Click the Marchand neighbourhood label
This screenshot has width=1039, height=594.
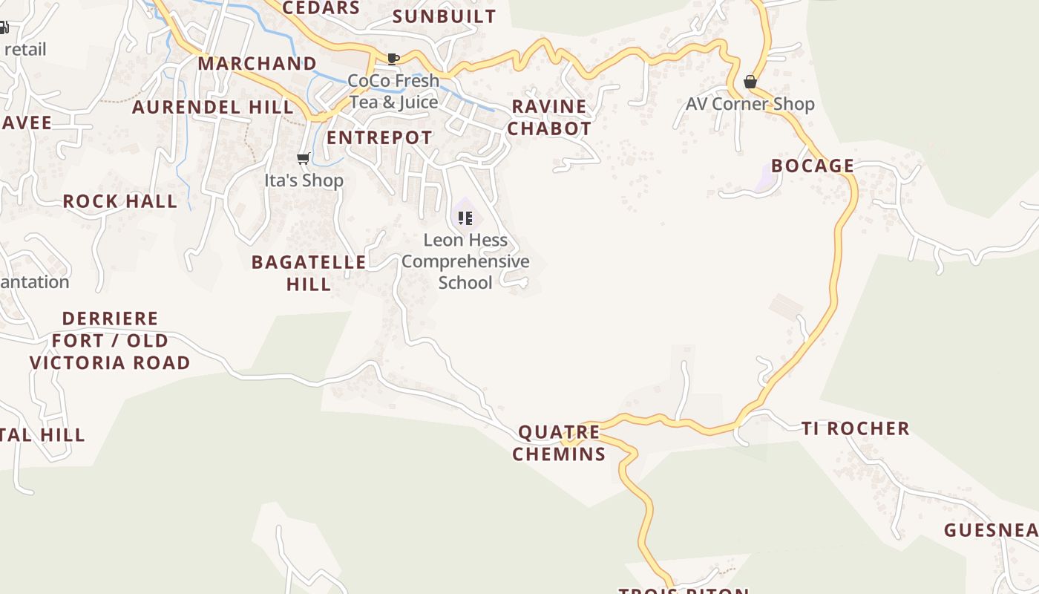coord(257,63)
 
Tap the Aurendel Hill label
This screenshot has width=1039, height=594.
coord(213,107)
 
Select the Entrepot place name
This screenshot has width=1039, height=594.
coord(379,137)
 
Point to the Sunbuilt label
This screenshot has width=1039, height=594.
coord(444,16)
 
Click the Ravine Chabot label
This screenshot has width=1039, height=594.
coord(550,117)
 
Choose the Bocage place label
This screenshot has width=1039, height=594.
coord(813,166)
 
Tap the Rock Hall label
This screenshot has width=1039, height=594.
coord(119,201)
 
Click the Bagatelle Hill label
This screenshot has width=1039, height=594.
coord(309,272)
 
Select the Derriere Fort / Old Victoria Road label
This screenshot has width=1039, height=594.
coord(110,340)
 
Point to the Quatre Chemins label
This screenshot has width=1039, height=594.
coord(559,443)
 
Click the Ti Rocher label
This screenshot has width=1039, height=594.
coord(855,428)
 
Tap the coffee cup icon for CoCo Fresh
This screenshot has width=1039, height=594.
coord(393,59)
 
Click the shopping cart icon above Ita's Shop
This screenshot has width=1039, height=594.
coord(303,158)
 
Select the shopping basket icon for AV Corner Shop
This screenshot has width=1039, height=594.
coord(750,82)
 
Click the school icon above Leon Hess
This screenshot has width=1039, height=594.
coord(465,218)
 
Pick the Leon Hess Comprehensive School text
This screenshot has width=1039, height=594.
coord(465,261)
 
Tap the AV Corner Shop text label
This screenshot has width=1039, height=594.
coord(750,104)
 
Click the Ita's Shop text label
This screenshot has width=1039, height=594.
coord(304,180)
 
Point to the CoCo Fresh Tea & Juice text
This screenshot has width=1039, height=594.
coord(393,91)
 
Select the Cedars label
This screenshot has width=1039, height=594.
coord(321,8)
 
